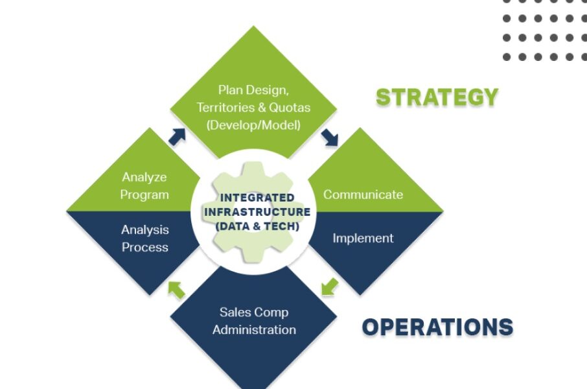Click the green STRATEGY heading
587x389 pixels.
[437, 97]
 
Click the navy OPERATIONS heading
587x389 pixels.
[437, 327]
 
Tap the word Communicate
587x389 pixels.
[363, 194]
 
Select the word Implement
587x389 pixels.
[363, 239]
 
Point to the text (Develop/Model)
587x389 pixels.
[253, 125]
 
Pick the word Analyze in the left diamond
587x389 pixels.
[144, 177]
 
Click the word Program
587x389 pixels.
[144, 195]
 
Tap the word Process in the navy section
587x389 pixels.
[145, 248]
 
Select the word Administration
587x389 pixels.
[254, 330]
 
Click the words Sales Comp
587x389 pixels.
[254, 312]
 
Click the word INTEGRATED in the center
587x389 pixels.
[257, 198]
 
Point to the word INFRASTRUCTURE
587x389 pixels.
[257, 212]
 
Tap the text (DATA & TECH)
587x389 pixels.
[257, 226]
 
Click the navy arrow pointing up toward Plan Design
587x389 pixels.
[178, 136]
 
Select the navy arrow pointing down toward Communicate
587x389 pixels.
[330, 137]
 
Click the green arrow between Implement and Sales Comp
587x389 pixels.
[330, 287]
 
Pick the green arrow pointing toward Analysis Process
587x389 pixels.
[177, 290]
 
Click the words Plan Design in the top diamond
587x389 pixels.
[253, 90]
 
